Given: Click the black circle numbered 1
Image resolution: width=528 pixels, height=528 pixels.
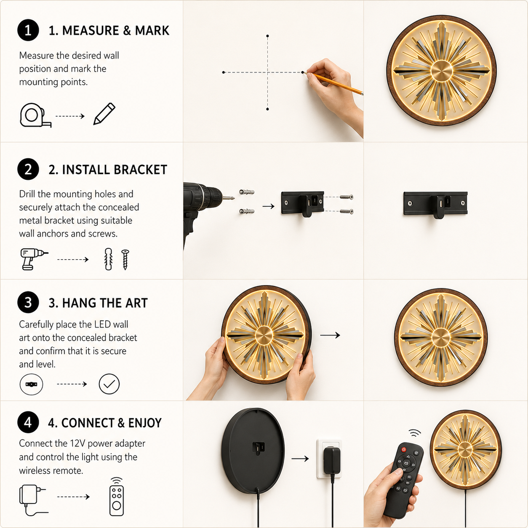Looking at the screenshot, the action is tap(28, 30).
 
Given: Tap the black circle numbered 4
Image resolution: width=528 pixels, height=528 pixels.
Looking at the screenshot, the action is tap(28, 422).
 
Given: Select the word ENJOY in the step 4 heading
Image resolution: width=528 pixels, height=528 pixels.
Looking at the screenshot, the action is tap(145, 423).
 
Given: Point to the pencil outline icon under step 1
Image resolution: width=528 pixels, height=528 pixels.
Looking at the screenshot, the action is tap(104, 114).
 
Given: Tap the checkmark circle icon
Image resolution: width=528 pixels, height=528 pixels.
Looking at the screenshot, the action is tap(109, 384).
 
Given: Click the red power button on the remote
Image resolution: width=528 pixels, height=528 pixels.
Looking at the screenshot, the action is tap(404, 450).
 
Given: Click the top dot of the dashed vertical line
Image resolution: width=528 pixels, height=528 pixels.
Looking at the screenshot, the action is tap(267, 36).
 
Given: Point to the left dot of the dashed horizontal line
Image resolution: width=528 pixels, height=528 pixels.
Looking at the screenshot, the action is tap(224, 72).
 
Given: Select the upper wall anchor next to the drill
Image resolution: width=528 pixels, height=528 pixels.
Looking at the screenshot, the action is tap(247, 192).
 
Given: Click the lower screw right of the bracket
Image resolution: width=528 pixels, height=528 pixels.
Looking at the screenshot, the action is tap(347, 211).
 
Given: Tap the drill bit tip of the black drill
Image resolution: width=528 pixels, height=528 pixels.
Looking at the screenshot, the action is tap(233, 198).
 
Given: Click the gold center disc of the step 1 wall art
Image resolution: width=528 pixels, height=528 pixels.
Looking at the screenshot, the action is tap(441, 71).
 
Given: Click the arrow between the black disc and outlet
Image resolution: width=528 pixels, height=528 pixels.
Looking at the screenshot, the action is tap(300, 459).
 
